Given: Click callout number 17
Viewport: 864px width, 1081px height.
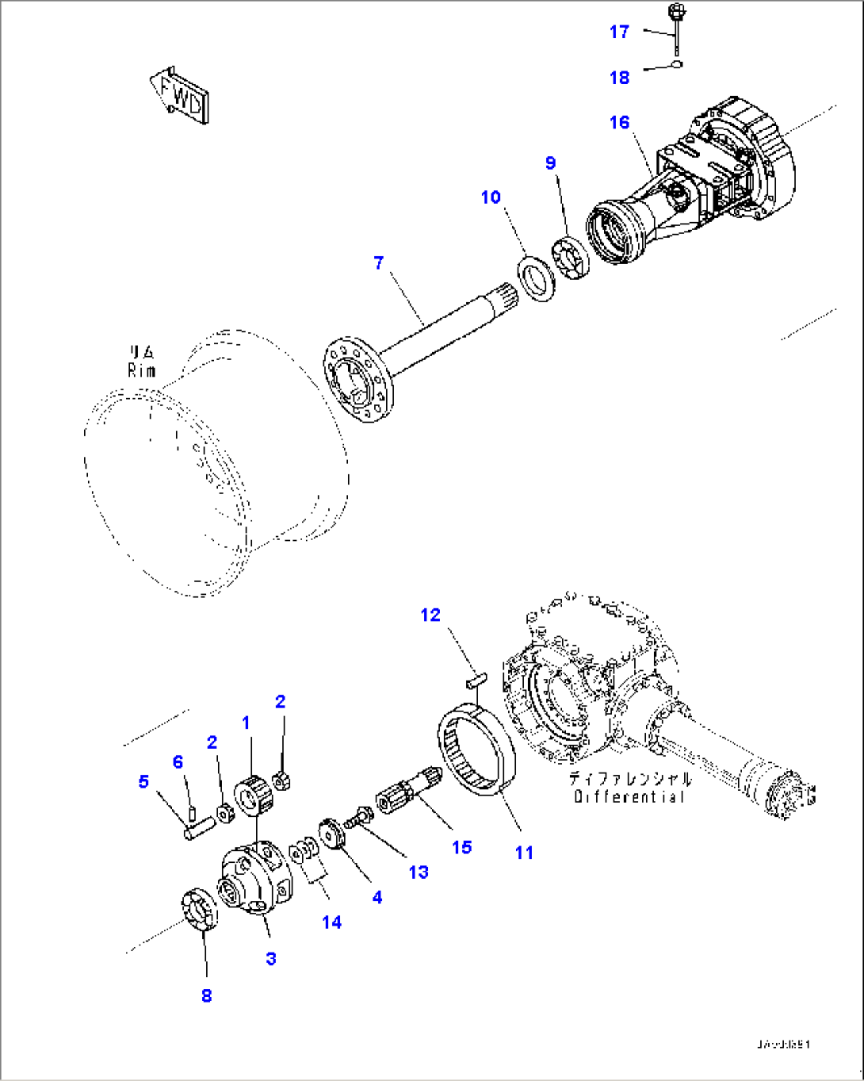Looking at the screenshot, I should [619, 32].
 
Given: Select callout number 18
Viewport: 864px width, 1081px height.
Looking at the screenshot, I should [619, 77].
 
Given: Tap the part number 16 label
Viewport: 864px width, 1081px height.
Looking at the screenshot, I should [619, 122].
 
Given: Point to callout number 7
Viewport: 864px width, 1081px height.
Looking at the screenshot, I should [379, 263].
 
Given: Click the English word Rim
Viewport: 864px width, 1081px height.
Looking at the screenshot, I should [142, 370].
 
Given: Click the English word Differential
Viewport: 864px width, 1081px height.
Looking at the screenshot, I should [629, 796].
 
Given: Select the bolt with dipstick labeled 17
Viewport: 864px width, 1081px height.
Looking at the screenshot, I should [677, 24].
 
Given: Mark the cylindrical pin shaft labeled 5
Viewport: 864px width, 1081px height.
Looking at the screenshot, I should [199, 830].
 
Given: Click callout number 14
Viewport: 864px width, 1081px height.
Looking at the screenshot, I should [332, 922].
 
